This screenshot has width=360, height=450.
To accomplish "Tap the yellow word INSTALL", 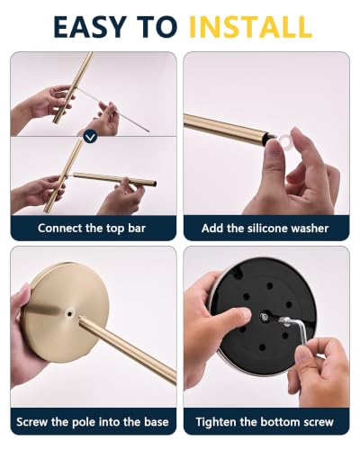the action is tap(251, 26).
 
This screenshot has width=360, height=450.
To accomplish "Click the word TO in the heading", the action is tap(157, 26).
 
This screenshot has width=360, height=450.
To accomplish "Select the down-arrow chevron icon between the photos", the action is tap(90, 138).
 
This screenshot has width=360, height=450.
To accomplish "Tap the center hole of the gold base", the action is tap(70, 314).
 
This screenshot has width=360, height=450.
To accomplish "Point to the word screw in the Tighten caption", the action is tap(319, 422).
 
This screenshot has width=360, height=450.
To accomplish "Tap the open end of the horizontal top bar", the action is tap(155, 183).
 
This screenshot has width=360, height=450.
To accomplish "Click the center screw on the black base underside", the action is tap(265, 316).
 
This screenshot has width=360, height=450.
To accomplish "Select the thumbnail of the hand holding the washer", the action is tap(266, 133).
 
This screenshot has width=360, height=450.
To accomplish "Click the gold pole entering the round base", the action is tap(127, 349).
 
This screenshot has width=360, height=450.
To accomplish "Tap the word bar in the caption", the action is tap(137, 229).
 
